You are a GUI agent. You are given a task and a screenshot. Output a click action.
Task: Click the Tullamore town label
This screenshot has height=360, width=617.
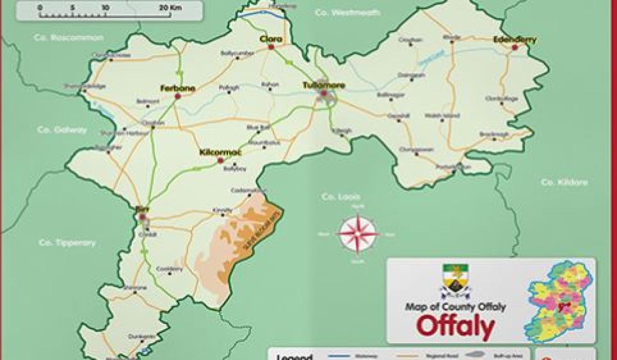tap(323, 85)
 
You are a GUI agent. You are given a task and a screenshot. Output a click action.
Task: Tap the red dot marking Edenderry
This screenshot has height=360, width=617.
tap(514, 47)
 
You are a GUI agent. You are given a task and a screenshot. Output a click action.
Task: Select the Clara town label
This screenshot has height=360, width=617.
tap(271, 39)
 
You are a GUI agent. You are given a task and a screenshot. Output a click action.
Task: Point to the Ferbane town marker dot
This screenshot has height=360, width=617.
tap(178, 96)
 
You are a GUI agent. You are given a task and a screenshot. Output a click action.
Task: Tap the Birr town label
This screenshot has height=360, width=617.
tap(140, 209)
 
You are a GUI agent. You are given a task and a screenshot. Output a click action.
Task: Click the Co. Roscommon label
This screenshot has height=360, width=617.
tap(68, 38)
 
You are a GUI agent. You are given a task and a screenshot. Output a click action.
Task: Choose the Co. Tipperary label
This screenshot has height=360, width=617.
tap(67, 243)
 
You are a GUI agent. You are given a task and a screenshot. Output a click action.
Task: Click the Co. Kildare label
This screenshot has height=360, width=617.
tap(564, 182)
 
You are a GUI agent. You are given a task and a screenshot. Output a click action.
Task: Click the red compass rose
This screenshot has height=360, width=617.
tap(358, 234)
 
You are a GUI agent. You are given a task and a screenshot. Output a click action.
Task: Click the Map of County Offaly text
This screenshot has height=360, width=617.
tap(455, 307)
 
